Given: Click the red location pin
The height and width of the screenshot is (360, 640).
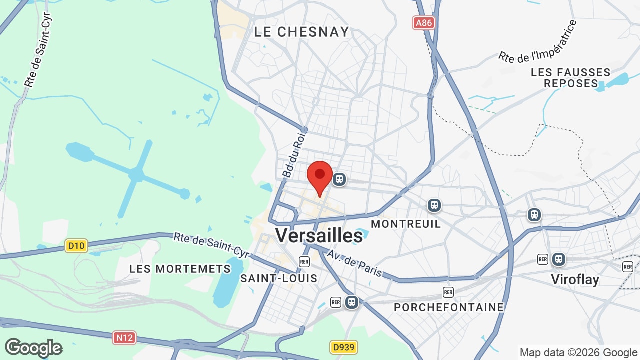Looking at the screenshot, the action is click(x=320, y=176).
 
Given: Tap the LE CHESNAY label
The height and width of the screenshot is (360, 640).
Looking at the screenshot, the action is click(x=301, y=32).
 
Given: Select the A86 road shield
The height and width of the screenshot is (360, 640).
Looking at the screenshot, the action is click(x=423, y=23).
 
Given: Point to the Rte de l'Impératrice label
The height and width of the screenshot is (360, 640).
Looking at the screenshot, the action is click(x=537, y=42).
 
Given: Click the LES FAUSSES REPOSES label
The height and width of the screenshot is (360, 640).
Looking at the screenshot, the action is click(x=570, y=78).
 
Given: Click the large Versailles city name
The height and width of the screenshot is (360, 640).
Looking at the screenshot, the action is click(x=319, y=235).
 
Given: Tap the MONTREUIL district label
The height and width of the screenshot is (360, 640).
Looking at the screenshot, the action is click(x=406, y=223).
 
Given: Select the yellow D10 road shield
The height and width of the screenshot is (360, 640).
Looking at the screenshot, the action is click(x=76, y=245).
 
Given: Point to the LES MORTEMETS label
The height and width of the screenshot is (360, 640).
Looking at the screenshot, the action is click(x=180, y=269).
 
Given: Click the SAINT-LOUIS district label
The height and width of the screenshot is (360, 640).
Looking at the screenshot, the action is click(x=279, y=278).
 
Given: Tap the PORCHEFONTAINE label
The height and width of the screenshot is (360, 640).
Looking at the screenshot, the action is click(x=449, y=307).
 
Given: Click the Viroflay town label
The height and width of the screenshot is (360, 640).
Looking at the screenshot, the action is click(x=575, y=279).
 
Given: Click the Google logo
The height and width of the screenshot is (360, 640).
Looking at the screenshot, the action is click(x=33, y=348).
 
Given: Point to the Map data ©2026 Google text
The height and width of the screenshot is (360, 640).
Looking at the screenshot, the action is click(x=578, y=352).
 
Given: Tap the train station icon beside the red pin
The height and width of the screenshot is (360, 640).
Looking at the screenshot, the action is click(x=339, y=179).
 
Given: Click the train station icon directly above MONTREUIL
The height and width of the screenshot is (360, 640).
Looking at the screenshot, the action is click(x=434, y=205).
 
